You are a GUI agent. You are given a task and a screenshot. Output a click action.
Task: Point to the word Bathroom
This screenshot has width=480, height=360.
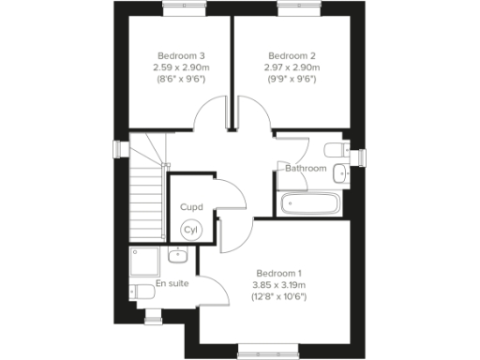click(x=306, y=169)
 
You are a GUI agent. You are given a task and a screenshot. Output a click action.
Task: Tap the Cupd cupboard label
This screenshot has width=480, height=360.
click(x=191, y=206)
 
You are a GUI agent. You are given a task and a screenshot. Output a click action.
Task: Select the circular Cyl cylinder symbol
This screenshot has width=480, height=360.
click(x=191, y=230)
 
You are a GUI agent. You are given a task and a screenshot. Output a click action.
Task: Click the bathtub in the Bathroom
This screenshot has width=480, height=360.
click(x=311, y=203)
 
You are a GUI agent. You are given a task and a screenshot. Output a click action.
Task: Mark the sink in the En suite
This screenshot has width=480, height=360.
click(x=176, y=254)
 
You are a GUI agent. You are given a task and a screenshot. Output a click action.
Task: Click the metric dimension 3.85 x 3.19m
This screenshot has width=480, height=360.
click(x=281, y=285)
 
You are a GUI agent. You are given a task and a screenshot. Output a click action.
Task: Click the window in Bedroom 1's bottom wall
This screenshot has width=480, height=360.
click(x=264, y=349)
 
